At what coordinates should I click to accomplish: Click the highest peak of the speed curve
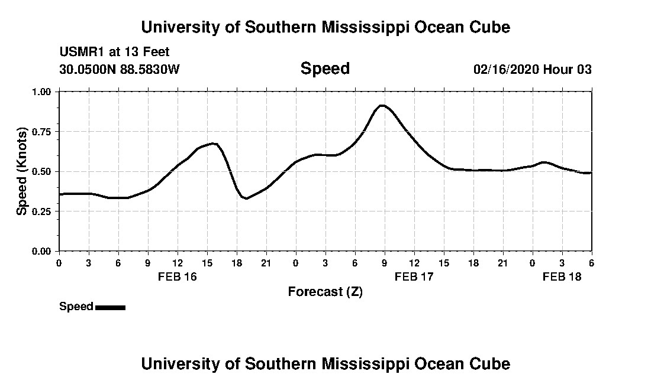click(382, 106)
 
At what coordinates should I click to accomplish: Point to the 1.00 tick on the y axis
click(42, 92)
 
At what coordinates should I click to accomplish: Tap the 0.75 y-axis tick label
click(42, 132)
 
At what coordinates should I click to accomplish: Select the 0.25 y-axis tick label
click(42, 211)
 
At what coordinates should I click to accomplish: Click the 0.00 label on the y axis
click(42, 251)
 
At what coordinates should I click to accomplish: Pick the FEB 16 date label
click(178, 276)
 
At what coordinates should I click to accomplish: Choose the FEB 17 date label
click(414, 276)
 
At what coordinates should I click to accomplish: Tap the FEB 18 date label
click(562, 276)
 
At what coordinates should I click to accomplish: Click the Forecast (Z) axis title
click(325, 292)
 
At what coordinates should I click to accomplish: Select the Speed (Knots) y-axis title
click(22, 171)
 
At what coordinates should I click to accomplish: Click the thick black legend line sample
click(110, 307)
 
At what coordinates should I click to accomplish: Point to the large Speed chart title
click(325, 69)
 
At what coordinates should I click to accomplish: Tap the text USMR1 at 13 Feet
click(114, 52)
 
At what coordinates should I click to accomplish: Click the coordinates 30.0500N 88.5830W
click(119, 69)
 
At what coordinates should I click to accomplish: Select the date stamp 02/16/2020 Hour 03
click(532, 69)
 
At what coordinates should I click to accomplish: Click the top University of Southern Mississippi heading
click(325, 27)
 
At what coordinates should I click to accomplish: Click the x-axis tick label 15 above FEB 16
click(207, 263)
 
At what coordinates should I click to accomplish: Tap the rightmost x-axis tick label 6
click(591, 263)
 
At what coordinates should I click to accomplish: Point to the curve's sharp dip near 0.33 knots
click(246, 198)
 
